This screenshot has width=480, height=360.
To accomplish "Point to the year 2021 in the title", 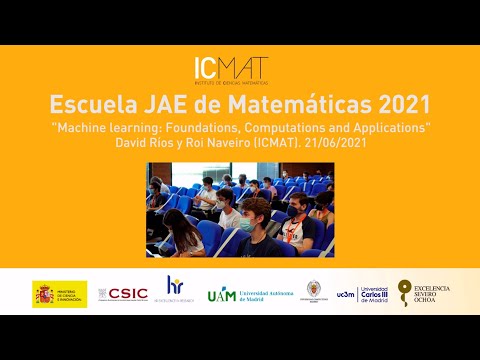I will pos(401,104).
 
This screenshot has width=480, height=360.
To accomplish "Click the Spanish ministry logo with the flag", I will pos(60,293).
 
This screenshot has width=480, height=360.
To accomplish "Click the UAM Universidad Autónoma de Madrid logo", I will pos(248,294).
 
